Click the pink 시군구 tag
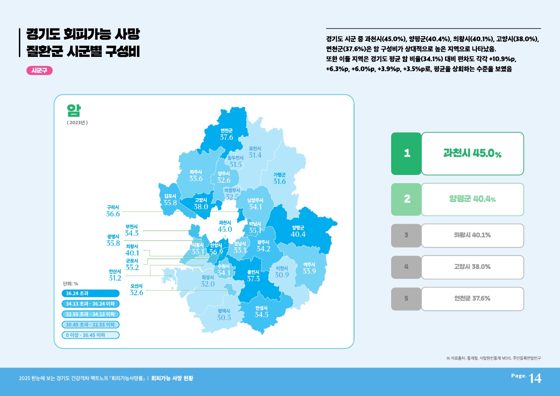pos(39,71)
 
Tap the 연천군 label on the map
pos(227,131)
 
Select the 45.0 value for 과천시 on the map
pos(225,229)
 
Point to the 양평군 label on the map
pos(298,228)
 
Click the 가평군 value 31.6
pos(280,181)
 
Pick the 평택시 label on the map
pos(224,311)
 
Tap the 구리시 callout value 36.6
pos(113,214)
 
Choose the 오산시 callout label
pos(137,286)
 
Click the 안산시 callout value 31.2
pos(115,278)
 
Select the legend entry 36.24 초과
pos(90,294)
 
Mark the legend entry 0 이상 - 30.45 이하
pos(90,335)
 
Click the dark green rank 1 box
pos(406,153)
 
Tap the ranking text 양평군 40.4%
pos(472,200)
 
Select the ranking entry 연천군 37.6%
pos(472,299)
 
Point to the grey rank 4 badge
pos(406,267)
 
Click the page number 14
pos(535,378)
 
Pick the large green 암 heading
pos(74,110)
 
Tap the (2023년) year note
pos(77,123)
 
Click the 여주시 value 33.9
pos(309,271)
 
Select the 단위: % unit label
pos(70,284)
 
